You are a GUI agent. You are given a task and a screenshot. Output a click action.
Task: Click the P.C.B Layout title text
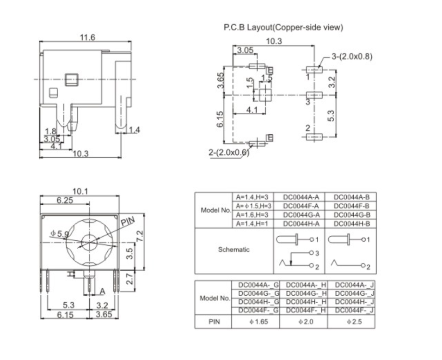click(x=283, y=28)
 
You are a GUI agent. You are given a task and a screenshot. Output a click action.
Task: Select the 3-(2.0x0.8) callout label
click(x=352, y=57)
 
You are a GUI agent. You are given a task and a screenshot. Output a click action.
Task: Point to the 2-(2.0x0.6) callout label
click(x=228, y=153)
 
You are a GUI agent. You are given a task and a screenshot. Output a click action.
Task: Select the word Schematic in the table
click(x=233, y=250)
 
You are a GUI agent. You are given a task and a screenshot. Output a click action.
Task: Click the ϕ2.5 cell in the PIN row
click(x=351, y=322)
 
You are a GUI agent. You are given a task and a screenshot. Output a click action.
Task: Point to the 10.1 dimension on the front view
click(x=80, y=191)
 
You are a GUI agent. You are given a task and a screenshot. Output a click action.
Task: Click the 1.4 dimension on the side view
click(x=134, y=130)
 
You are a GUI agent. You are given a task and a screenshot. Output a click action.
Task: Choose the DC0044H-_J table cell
click(x=351, y=301)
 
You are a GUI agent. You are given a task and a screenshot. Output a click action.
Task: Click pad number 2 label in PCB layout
click(x=307, y=128)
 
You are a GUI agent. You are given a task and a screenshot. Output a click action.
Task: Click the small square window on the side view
click(x=71, y=79)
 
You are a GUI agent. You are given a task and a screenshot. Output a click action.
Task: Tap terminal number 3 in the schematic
click(x=317, y=253)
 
